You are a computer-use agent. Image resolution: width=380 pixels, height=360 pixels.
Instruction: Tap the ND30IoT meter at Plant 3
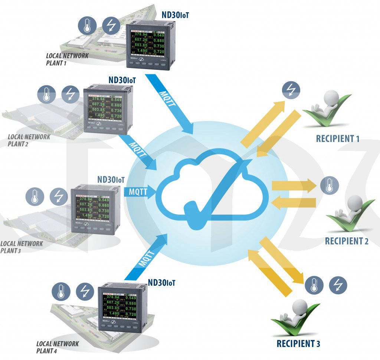coord(94,211)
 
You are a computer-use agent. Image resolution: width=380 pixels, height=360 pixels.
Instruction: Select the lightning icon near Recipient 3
coord(338,285)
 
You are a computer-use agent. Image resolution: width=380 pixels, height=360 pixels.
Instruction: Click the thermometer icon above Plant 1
coord(87,25)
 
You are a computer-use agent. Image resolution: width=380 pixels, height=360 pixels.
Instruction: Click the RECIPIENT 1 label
coord(337,139)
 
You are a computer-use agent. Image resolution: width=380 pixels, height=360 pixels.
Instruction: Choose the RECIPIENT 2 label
coord(346,241)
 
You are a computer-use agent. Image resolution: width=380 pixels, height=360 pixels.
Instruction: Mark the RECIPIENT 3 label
coord(298,344)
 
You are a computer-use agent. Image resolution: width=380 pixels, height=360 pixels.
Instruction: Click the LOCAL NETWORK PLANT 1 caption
coord(67,59)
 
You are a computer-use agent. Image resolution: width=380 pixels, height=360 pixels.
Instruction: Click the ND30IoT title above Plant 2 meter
coord(122,80)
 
